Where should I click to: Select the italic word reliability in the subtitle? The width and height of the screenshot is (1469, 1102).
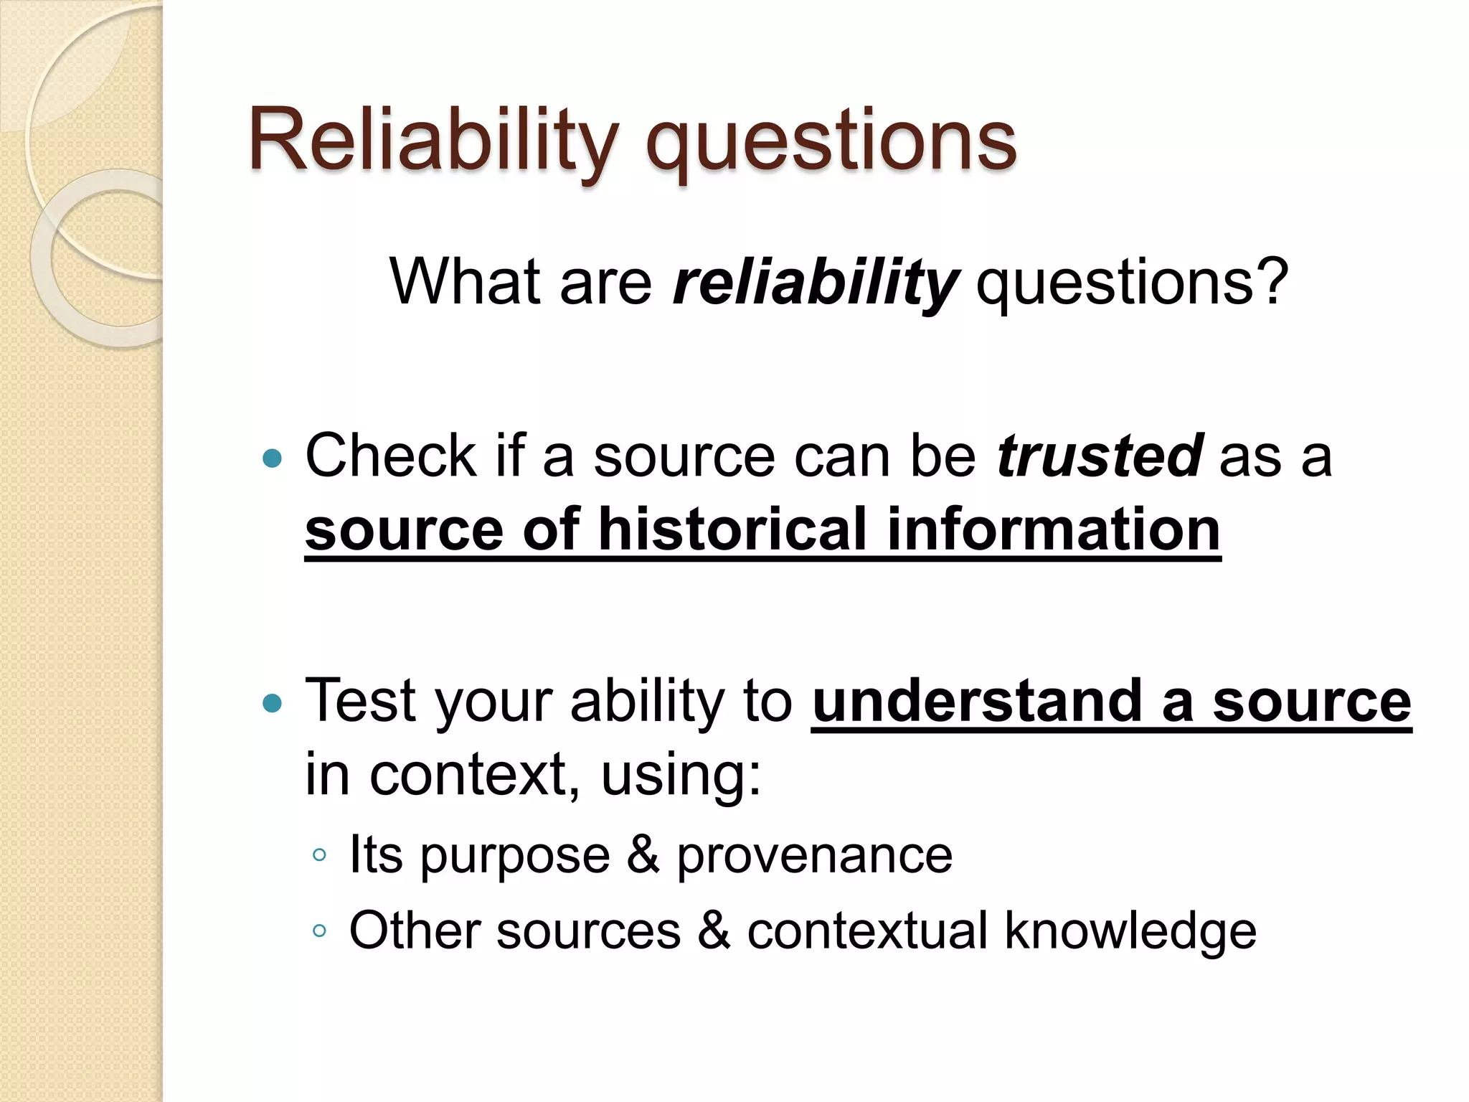click(816, 283)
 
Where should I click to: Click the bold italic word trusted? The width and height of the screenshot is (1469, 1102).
click(1100, 456)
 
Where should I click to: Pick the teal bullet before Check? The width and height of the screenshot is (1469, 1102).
click(273, 458)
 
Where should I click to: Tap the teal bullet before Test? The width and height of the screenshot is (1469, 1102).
click(273, 703)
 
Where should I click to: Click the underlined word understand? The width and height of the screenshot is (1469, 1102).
click(977, 702)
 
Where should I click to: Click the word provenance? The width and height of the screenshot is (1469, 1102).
click(814, 856)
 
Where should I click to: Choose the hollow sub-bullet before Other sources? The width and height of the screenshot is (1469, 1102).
click(320, 931)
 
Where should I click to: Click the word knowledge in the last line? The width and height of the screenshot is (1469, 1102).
click(1130, 931)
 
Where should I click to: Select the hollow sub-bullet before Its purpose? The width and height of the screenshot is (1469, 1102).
click(320, 854)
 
